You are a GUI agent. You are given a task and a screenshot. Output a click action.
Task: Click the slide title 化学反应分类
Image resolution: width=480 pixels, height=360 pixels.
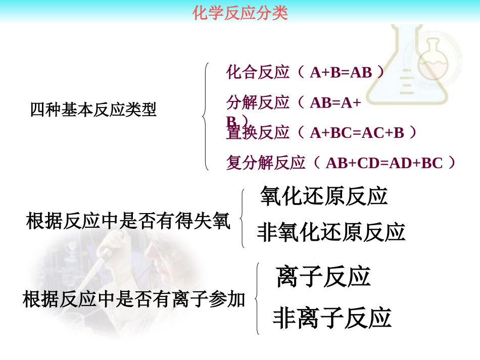pos(241,13)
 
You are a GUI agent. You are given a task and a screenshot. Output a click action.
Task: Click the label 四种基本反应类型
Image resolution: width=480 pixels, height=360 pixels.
pos(93,110)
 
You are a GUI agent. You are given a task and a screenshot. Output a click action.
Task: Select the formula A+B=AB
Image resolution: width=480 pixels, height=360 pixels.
pos(341,73)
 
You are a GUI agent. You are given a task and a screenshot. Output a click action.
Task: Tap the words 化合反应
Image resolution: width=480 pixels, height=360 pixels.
pos(258,72)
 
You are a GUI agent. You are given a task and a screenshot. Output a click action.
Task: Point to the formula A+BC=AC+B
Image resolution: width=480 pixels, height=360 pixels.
pos(357,133)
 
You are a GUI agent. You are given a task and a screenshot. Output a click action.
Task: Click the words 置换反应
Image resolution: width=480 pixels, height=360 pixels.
pos(258,133)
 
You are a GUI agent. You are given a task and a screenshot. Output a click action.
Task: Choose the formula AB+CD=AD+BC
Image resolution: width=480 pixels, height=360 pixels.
pos(384,163)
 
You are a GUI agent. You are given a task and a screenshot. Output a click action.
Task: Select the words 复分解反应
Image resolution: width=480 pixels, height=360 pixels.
pos(266,163)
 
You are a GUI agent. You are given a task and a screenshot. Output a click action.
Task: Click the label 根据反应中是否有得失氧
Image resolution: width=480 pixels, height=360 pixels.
pos(128,221)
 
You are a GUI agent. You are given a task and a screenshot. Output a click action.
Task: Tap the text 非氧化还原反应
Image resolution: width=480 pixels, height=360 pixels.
pos(331,232)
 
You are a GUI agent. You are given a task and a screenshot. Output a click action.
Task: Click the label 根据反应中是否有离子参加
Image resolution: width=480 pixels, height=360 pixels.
pos(134,300)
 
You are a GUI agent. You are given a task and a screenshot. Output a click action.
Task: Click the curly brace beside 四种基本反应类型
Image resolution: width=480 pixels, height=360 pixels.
pos(206,117)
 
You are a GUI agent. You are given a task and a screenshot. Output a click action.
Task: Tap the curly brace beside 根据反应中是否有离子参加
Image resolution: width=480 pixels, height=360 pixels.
pos(258,298)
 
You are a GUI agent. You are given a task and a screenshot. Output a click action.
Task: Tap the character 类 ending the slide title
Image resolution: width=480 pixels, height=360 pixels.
pos(280,13)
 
